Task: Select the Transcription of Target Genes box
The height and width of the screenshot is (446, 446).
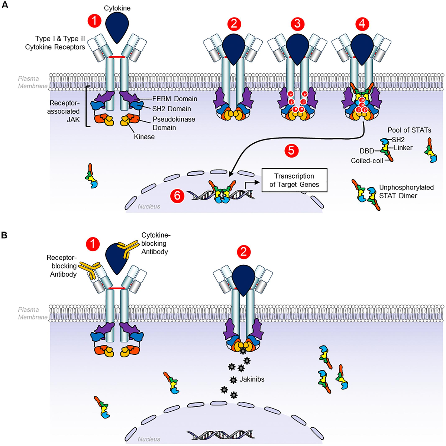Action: (294, 180)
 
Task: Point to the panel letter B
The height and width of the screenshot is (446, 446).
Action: (5, 235)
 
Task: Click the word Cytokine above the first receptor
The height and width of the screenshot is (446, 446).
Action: (117, 8)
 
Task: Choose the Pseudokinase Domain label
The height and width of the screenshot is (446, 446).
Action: (169, 123)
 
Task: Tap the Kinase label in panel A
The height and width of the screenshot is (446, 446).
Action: (144, 137)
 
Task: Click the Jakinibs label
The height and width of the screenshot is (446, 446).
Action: (252, 380)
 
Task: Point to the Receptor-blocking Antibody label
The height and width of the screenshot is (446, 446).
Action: (62, 266)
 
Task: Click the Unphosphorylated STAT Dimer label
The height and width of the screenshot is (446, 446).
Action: (406, 191)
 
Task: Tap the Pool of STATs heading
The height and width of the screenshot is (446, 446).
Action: (409, 130)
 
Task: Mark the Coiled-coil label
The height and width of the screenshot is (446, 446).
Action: (367, 161)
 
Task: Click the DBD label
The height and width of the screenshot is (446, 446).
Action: (366, 151)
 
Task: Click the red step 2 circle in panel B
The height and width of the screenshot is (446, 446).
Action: (243, 252)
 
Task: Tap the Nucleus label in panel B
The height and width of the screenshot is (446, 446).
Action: (149, 439)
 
